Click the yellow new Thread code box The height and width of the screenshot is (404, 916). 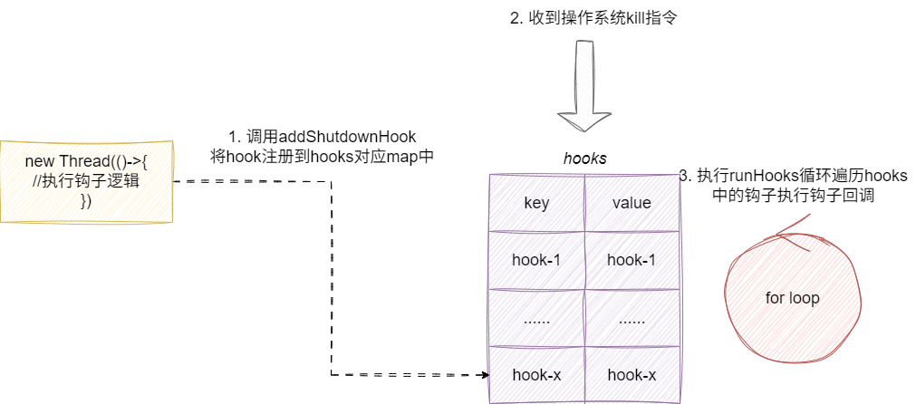(86, 181)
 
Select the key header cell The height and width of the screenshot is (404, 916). (536, 203)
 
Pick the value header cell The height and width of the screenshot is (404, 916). (631, 203)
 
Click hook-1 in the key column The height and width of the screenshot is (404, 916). (536, 260)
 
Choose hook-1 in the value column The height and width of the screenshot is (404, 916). (631, 260)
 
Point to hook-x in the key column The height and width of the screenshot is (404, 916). (536, 374)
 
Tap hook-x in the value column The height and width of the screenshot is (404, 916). (631, 374)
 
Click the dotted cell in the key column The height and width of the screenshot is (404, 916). (536, 318)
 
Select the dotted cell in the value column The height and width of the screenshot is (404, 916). (631, 318)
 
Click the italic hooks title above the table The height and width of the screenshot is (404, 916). (584, 159)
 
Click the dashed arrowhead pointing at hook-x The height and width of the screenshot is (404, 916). (482, 373)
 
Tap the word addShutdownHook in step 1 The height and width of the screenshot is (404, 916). (347, 137)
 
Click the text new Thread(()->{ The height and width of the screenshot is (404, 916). (86, 162)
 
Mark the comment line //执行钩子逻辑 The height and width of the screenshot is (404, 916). (86, 182)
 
